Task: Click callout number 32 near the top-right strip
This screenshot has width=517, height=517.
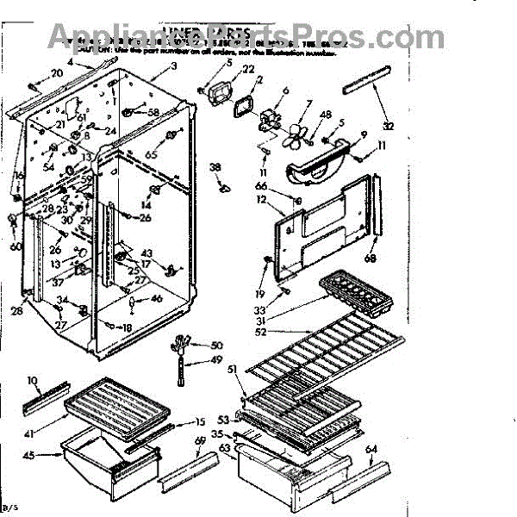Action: (389, 126)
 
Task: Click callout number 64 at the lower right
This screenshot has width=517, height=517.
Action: (371, 449)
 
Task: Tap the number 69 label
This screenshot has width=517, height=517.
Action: (200, 442)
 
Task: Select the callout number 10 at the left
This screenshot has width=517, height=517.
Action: (33, 379)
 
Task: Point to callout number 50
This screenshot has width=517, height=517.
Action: (216, 345)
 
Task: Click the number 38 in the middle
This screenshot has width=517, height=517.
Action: (215, 167)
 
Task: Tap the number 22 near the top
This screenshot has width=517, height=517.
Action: (248, 70)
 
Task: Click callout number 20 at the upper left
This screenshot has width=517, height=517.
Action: (57, 73)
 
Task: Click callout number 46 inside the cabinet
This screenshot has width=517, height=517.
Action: (156, 299)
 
